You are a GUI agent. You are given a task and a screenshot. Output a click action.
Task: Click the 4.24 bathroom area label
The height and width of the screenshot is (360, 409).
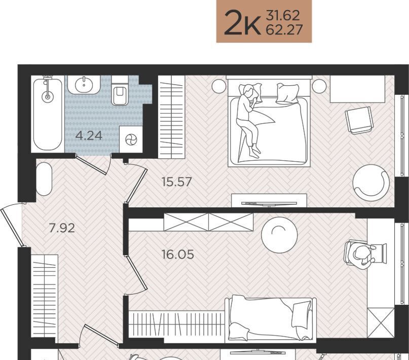click(89, 136)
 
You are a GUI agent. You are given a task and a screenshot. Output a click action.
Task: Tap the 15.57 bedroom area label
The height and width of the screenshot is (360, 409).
click(176, 182)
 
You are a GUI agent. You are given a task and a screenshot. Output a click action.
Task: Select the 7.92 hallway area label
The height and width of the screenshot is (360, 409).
click(62, 228)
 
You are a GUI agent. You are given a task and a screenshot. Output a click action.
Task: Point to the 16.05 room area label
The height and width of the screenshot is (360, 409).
click(177, 255)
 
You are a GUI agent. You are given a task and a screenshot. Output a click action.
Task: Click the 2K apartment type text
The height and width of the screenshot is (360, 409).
click(242, 22)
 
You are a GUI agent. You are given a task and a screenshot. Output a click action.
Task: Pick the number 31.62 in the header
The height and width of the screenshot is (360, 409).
click(283, 16)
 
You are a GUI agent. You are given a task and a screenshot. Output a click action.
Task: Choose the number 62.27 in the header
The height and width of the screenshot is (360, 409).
click(284, 30)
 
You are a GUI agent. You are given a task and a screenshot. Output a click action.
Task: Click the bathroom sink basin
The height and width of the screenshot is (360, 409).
click(84, 84)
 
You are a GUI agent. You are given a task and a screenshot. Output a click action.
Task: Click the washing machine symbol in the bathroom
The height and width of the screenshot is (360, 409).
click(131, 139)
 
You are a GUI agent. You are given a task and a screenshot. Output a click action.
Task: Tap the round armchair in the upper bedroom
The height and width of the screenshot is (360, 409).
click(371, 183)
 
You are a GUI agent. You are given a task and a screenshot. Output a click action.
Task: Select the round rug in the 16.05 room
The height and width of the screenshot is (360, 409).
click(279, 235)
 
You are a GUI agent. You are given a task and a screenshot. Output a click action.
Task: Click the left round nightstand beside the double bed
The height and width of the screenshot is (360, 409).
click(219, 86)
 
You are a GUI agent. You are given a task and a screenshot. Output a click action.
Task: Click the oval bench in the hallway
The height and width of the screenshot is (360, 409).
click(44, 178)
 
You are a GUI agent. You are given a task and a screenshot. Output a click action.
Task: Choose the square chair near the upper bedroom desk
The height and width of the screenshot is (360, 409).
click(359, 120)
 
